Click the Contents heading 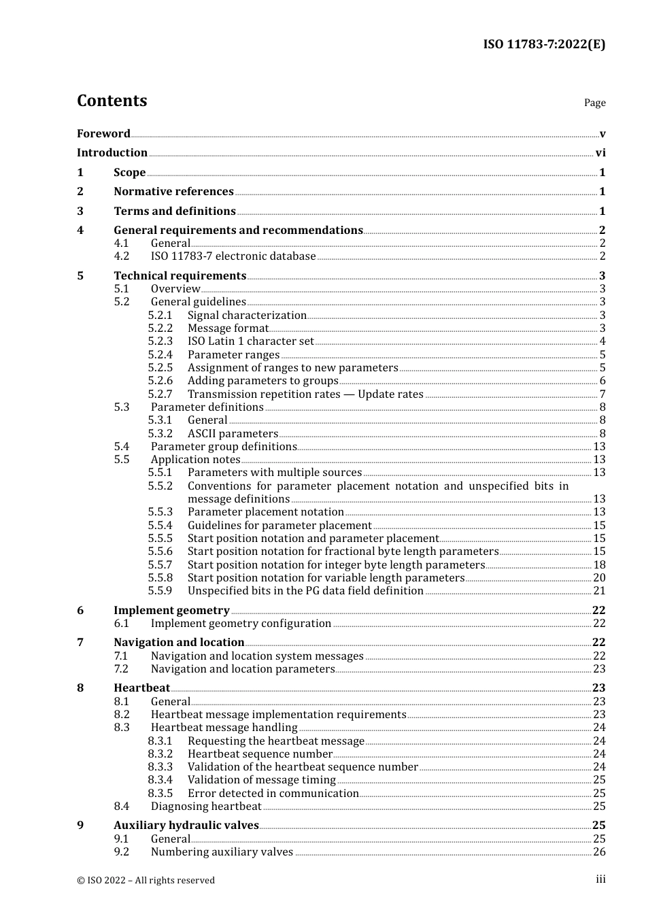point(112,101)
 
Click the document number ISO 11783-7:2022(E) point(544,44)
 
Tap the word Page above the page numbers point(594,103)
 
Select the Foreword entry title point(103,133)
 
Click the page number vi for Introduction point(600,153)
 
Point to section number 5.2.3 point(160,341)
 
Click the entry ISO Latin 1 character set point(250,341)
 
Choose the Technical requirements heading point(180,275)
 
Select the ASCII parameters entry point(233,434)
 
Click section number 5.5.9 point(160,591)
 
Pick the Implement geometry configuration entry point(241,624)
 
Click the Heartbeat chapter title point(141,688)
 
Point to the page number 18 point(599,565)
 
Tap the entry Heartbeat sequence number point(260,754)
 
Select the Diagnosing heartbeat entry point(206,807)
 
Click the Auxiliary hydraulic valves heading point(186,826)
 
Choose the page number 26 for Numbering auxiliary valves point(599,852)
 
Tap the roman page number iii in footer point(600,879)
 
